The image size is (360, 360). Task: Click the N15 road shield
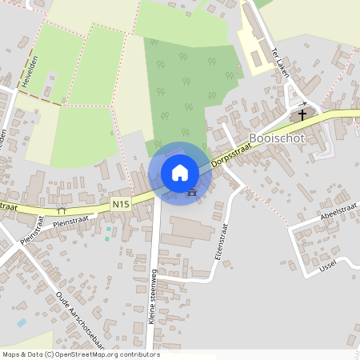[121, 204]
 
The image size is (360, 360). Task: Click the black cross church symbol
[302, 114]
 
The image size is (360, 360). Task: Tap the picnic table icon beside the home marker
[191, 192]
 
